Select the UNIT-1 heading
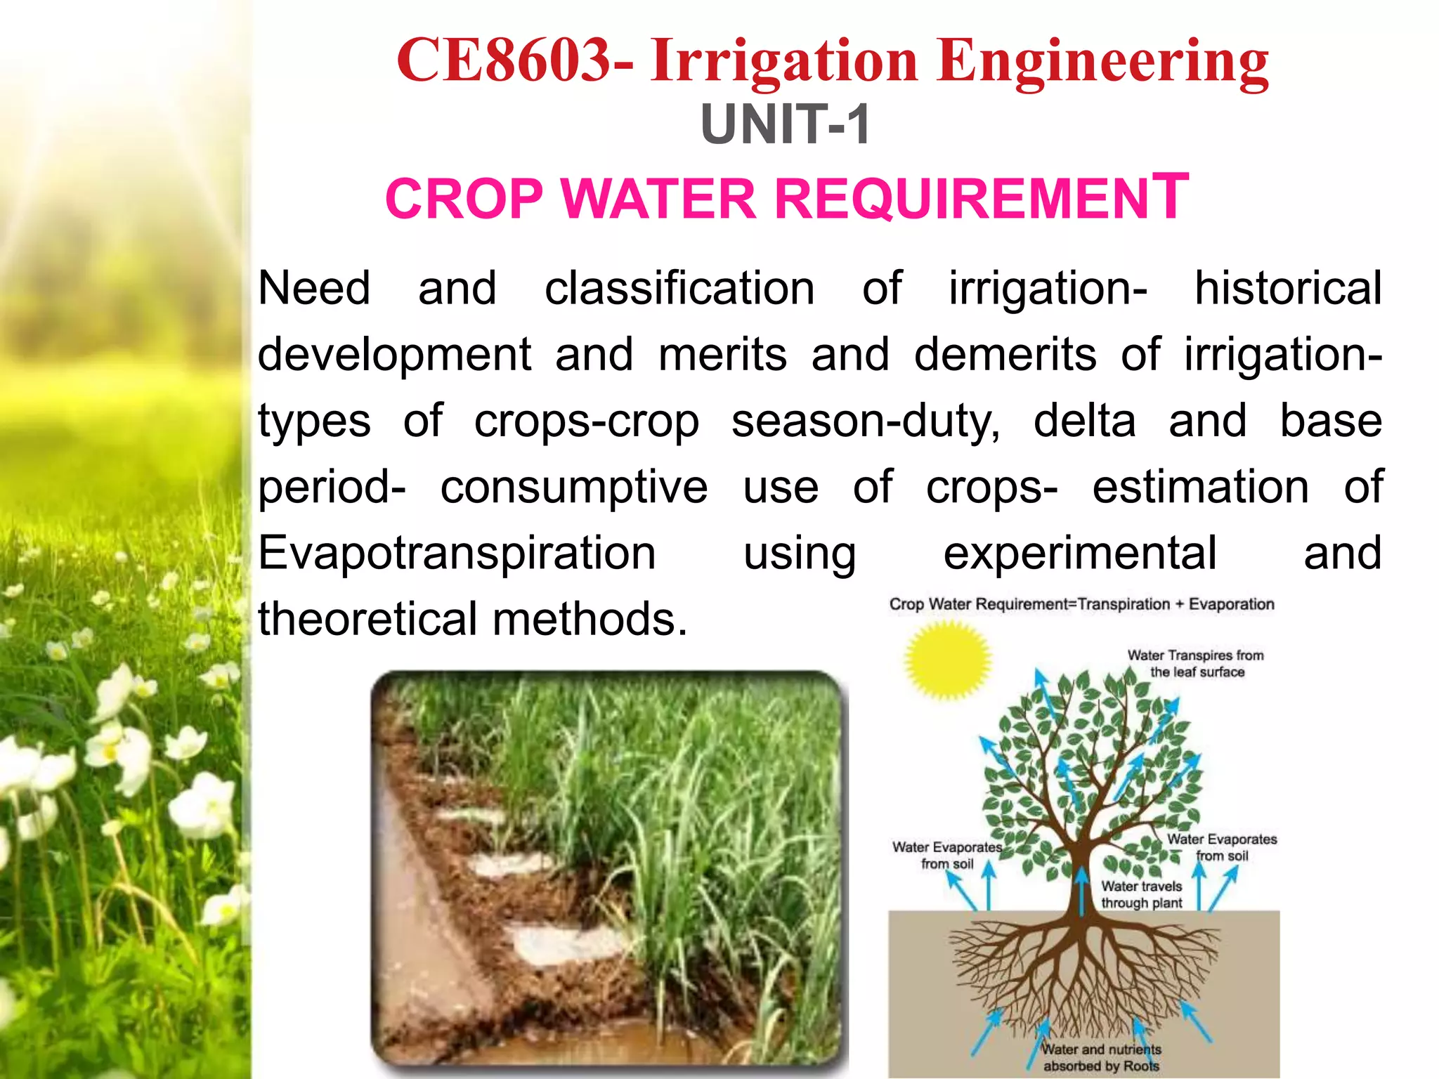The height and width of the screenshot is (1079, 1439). (786, 125)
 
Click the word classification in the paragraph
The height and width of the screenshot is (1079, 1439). (679, 289)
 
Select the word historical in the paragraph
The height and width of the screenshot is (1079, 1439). (1288, 289)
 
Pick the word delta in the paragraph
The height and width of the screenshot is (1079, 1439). (1084, 421)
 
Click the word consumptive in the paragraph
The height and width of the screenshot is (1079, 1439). (574, 487)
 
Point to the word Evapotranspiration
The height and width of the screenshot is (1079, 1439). (457, 553)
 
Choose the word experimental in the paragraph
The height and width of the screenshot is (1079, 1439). (1080, 553)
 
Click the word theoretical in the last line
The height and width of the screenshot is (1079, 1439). (367, 619)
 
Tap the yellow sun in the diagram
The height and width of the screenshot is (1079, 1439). (946, 660)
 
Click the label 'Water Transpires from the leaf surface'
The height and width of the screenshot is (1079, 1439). (1196, 663)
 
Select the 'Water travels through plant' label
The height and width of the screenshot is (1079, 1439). (1142, 894)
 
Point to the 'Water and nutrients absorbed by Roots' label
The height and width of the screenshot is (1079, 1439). (1101, 1057)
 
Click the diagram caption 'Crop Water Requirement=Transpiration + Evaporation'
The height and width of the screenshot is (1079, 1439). (1081, 604)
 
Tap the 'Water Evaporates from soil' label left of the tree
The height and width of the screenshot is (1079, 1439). (947, 855)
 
